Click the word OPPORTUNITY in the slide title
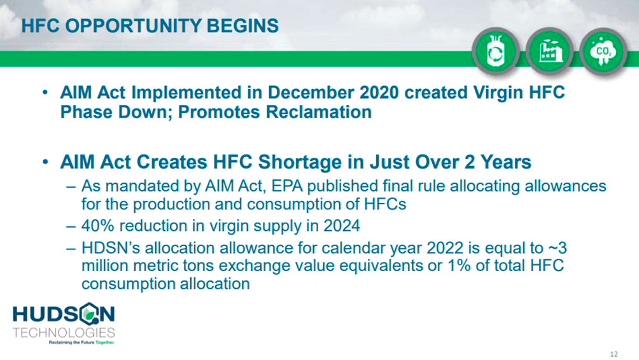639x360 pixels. pyautogui.click(x=133, y=25)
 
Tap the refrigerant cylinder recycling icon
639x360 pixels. pyautogui.click(x=496, y=52)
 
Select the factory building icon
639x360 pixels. pyautogui.click(x=550, y=52)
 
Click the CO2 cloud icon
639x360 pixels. pyautogui.click(x=603, y=52)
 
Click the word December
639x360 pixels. pyautogui.click(x=311, y=92)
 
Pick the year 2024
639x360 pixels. pyautogui.click(x=342, y=226)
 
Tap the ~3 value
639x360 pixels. pyautogui.click(x=558, y=248)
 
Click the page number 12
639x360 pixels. pyautogui.click(x=614, y=354)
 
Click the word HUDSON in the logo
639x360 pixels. pyautogui.click(x=64, y=314)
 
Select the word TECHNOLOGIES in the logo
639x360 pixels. pyautogui.click(x=64, y=333)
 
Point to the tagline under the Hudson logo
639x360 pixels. pyautogui.click(x=81, y=342)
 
